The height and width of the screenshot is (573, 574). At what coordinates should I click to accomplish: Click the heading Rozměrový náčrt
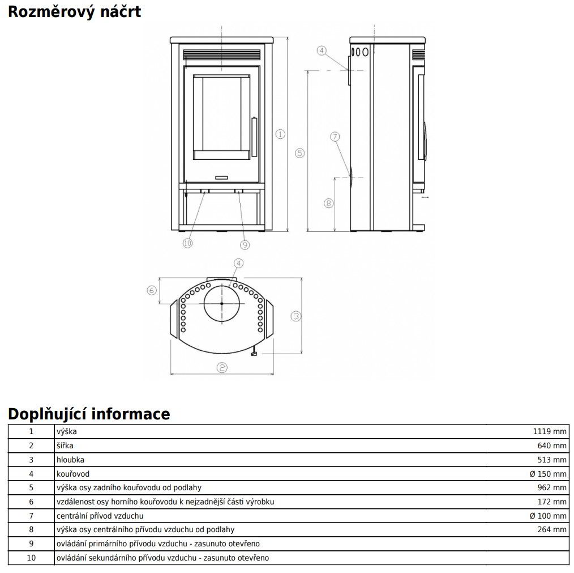[x=74, y=11]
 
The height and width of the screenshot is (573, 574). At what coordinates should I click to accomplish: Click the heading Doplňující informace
[x=89, y=414]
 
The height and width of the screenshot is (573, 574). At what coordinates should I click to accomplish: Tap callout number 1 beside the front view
[x=280, y=134]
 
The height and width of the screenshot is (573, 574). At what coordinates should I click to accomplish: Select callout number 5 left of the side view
[x=300, y=153]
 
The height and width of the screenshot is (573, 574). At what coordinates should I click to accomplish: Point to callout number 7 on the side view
[x=335, y=137]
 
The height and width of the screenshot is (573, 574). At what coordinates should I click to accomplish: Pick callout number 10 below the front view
[x=187, y=243]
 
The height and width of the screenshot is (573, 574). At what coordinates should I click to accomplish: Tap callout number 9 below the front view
[x=245, y=244]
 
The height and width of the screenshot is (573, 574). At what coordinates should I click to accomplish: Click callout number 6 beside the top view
[x=151, y=290]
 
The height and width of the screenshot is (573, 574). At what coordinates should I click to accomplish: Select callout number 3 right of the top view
[x=295, y=316]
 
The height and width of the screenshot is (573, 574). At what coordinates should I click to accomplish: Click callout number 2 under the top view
[x=222, y=367]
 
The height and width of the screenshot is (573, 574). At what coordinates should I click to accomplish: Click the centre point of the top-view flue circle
[x=221, y=304]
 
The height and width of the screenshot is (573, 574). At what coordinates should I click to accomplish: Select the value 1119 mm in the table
[x=549, y=431]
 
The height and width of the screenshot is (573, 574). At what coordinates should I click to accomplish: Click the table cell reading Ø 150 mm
[x=547, y=474]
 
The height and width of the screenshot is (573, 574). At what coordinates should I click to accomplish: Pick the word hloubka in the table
[x=70, y=460]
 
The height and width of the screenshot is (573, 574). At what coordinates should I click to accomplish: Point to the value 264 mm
[x=551, y=530]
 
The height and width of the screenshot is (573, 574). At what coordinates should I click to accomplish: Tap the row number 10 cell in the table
[x=31, y=558]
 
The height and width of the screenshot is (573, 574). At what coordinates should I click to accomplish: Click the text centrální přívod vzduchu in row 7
[x=100, y=516]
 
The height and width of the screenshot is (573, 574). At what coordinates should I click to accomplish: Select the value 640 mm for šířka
[x=551, y=445]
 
